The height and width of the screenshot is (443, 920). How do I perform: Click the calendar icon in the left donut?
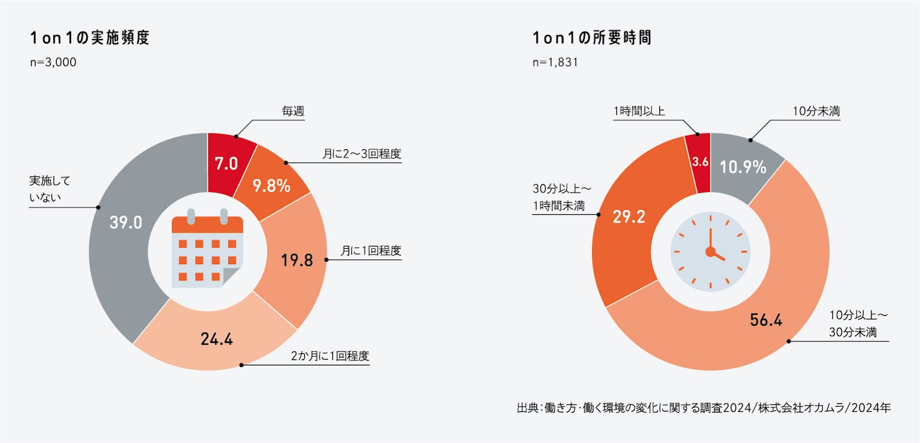pyautogui.click(x=208, y=251)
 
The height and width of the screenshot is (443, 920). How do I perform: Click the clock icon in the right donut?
pyautogui.click(x=710, y=252)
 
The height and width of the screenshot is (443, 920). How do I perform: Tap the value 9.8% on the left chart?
pyautogui.click(x=271, y=186)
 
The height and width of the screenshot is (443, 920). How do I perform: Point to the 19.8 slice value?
pyautogui.click(x=297, y=260)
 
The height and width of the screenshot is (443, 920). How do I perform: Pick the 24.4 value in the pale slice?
pyautogui.click(x=217, y=339)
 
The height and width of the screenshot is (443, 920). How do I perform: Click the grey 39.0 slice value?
pyautogui.click(x=126, y=222)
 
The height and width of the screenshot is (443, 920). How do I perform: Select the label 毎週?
pyautogui.click(x=293, y=111)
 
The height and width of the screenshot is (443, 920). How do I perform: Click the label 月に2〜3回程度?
pyautogui.click(x=361, y=153)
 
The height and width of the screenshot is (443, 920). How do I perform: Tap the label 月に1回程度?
pyautogui.click(x=370, y=251)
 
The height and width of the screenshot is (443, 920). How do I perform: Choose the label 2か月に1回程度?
pyautogui.click(x=329, y=356)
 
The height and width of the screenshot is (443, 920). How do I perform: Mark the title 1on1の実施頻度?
pyautogui.click(x=90, y=38)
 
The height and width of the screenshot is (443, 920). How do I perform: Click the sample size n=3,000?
pyautogui.click(x=53, y=62)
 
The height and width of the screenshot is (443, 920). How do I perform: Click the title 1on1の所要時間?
pyautogui.click(x=592, y=38)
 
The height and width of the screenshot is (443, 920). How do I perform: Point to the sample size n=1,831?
pyautogui.click(x=555, y=62)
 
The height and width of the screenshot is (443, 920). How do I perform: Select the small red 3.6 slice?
pyautogui.click(x=700, y=162)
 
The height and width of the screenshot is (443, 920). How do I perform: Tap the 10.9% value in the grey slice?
pyautogui.click(x=742, y=167)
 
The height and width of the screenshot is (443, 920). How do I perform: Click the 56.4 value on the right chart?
pyautogui.click(x=766, y=320)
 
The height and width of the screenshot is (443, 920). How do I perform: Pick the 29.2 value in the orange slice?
pyautogui.click(x=628, y=217)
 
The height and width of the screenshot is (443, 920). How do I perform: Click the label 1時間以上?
pyautogui.click(x=639, y=111)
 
